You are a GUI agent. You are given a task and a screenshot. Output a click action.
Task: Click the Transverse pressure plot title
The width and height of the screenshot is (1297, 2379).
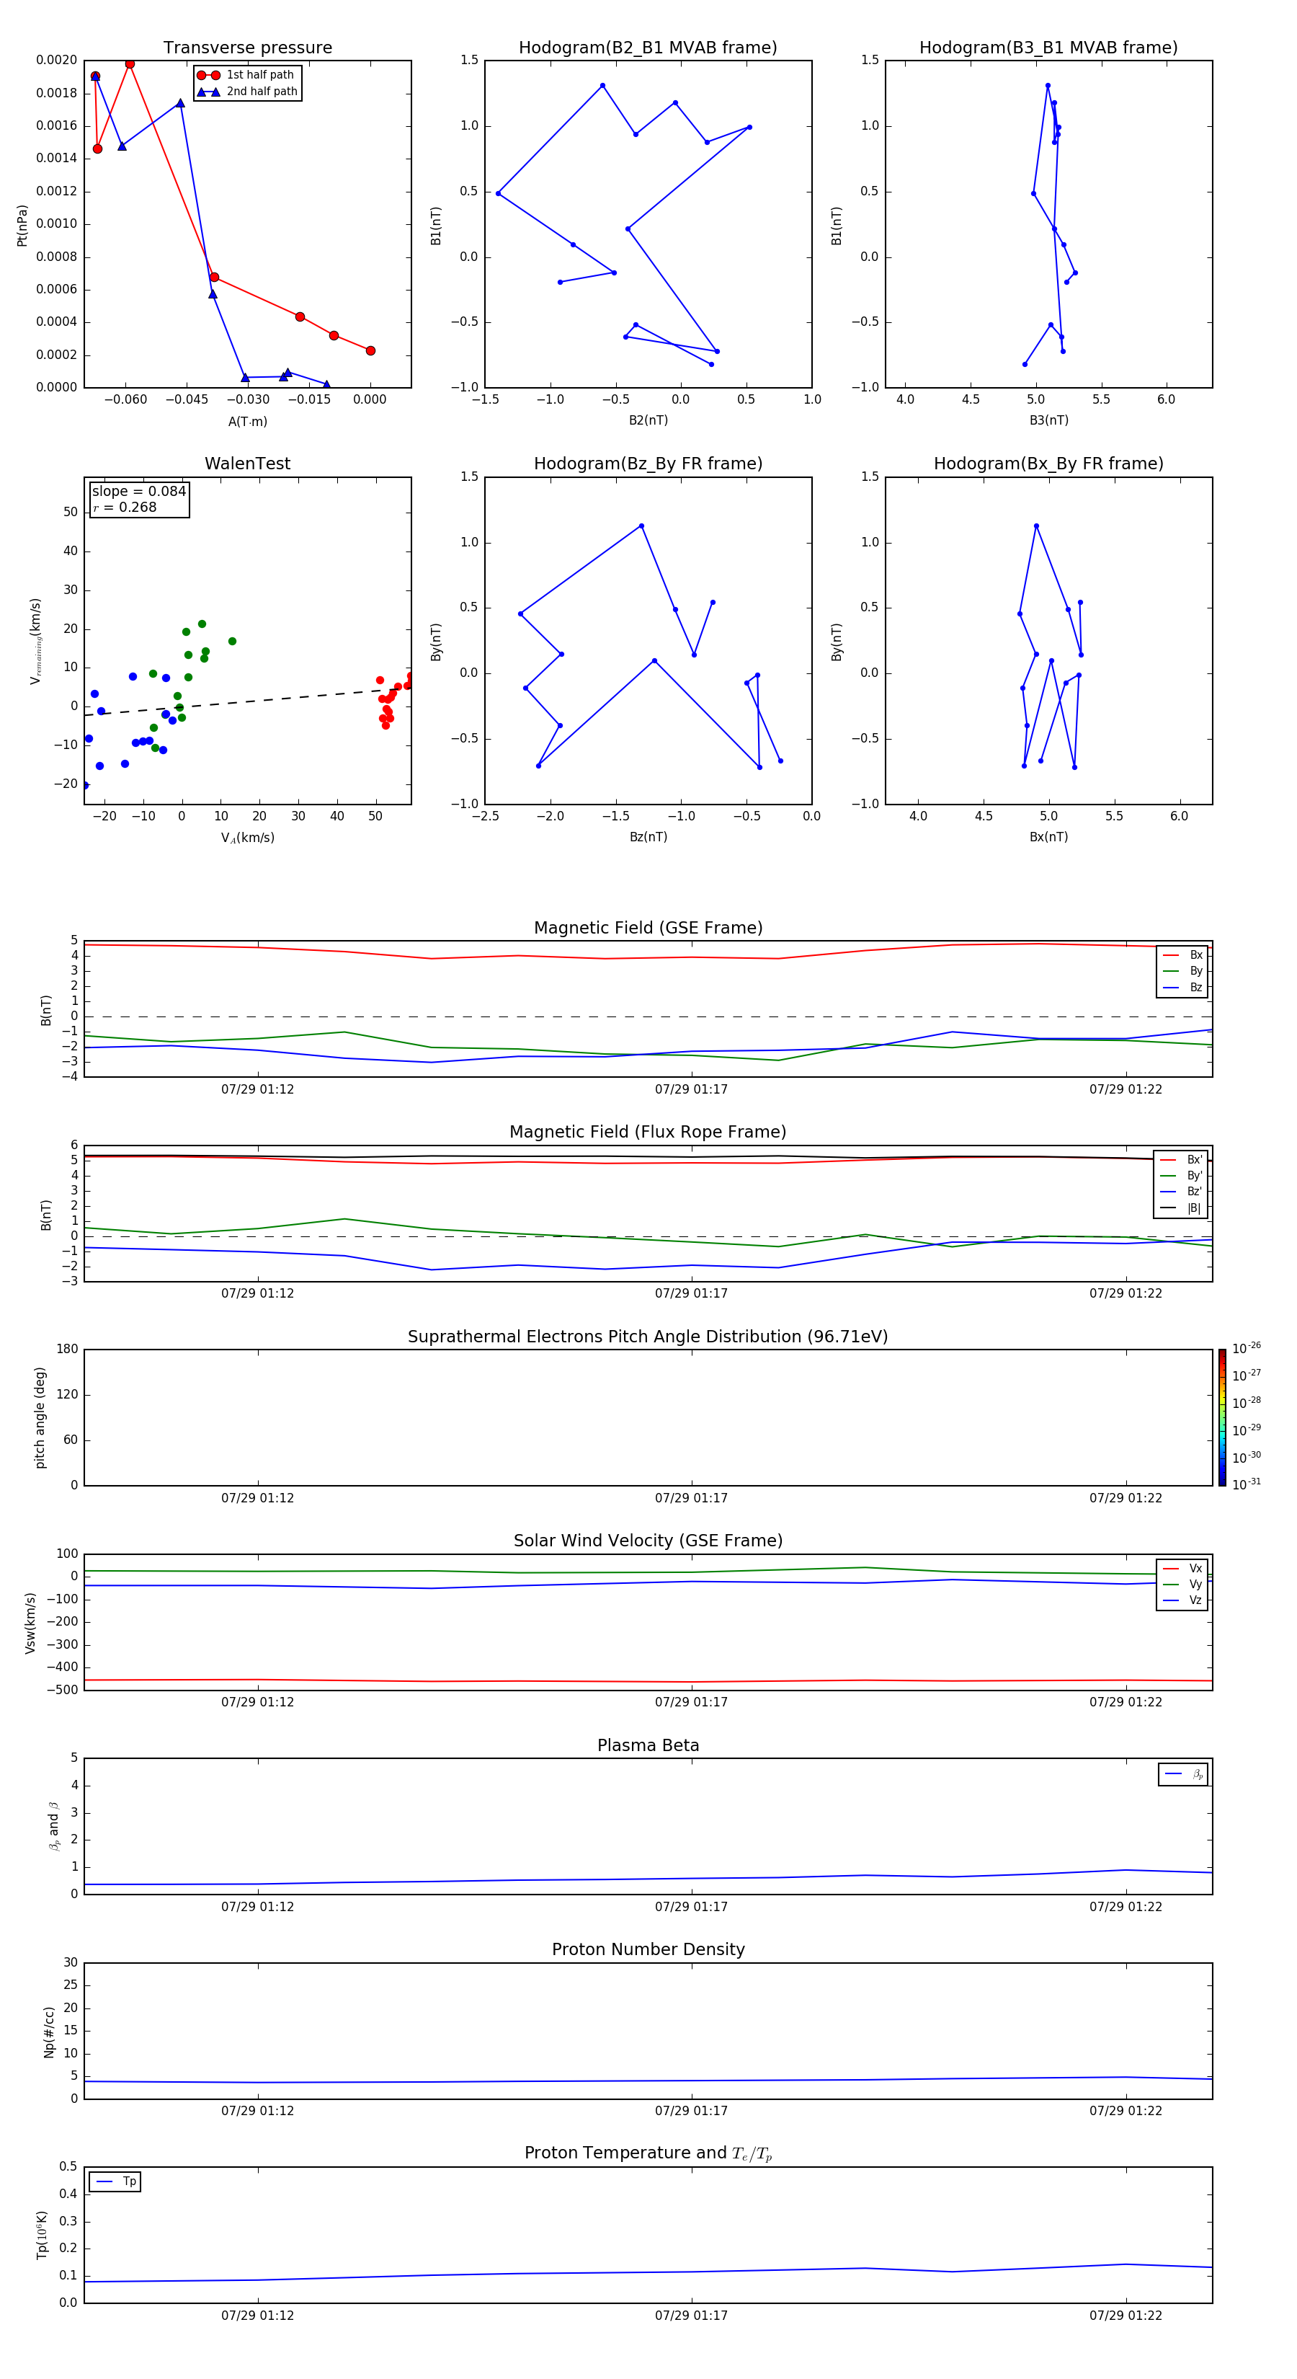tap(247, 48)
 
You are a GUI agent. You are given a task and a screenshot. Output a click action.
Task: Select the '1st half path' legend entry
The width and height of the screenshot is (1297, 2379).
tap(259, 75)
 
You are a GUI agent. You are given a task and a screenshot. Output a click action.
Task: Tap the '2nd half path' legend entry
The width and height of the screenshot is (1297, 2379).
tap(262, 92)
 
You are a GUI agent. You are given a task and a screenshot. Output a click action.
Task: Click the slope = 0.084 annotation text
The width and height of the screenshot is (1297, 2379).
tap(138, 492)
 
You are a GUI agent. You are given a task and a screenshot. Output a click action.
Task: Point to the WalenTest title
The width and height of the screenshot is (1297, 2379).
tap(247, 464)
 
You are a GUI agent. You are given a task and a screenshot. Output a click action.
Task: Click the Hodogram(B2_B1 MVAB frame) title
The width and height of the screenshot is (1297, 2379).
tap(647, 48)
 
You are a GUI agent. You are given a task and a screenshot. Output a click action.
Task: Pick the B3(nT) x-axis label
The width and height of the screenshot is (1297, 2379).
tap(1048, 420)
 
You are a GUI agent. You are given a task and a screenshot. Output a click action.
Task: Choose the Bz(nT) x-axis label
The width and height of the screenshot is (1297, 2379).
tap(648, 837)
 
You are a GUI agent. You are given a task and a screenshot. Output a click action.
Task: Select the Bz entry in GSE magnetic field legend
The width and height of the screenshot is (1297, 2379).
tap(1195, 987)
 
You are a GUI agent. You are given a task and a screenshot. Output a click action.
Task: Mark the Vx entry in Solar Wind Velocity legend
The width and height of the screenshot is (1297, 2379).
tap(1195, 1568)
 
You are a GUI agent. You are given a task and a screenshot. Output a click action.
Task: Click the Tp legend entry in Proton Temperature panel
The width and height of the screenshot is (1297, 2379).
tap(129, 2181)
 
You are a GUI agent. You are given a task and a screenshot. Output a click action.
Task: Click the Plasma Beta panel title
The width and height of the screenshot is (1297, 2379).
tap(648, 1745)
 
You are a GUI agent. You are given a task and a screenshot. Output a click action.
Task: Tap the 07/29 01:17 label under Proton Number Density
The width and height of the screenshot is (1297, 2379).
tap(692, 2110)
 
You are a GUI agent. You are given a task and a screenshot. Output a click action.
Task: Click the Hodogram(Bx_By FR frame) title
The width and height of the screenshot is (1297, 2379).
tap(1048, 464)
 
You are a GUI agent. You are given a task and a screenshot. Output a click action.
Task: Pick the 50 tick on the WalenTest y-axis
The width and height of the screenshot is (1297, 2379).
tap(70, 512)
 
